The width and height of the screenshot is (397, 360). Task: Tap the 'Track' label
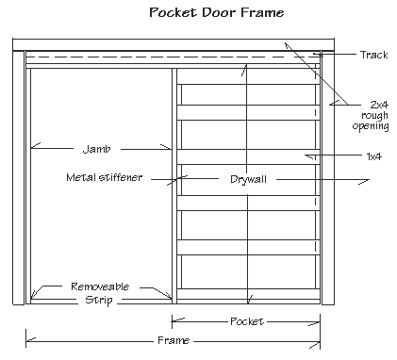tap(373, 55)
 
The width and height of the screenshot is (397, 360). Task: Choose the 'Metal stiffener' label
tap(104, 176)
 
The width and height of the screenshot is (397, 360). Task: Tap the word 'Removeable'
tap(100, 286)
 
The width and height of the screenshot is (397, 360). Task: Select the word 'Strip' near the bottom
tap(97, 300)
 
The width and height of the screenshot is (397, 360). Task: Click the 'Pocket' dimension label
tap(247, 321)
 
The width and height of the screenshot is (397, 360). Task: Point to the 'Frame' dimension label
tap(174, 340)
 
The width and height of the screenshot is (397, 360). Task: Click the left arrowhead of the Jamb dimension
tap(33, 147)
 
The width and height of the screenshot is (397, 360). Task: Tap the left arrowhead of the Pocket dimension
tap(176, 321)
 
